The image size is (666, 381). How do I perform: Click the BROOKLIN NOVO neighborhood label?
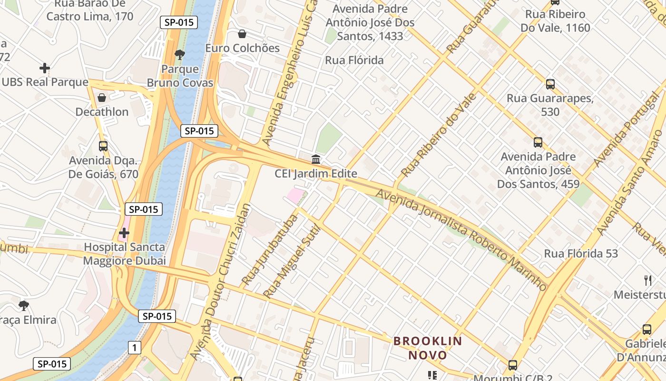(x=428, y=348)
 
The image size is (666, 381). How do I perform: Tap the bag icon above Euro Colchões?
(x=242, y=34)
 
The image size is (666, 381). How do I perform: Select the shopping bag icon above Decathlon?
(x=102, y=98)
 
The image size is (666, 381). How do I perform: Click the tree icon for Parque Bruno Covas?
(x=179, y=55)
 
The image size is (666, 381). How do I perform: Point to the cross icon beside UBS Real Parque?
(x=45, y=68)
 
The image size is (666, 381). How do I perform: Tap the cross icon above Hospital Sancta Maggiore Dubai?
(x=124, y=233)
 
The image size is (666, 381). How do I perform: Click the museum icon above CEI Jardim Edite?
(x=316, y=159)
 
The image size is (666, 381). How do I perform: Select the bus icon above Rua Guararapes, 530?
(x=550, y=84)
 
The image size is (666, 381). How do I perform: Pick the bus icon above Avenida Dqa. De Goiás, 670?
(x=103, y=146)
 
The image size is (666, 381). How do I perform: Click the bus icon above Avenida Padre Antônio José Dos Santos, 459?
(x=538, y=142)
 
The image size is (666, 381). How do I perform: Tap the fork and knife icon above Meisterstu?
(x=647, y=280)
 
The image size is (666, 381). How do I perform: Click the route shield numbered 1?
(x=135, y=348)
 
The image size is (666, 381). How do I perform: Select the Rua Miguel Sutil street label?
(x=292, y=261)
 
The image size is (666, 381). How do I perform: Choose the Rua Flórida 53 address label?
(x=581, y=253)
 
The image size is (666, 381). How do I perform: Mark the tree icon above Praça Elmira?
(x=23, y=305)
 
